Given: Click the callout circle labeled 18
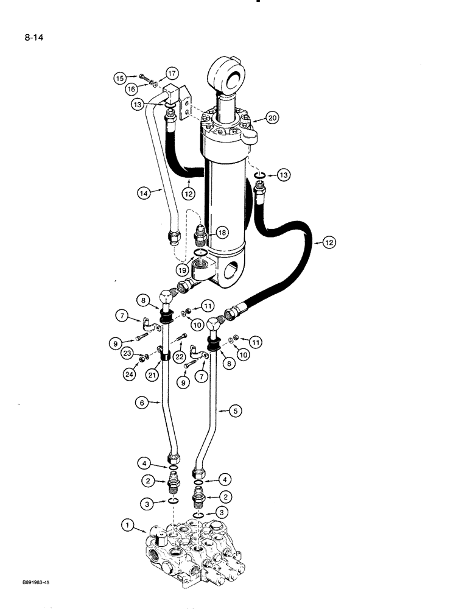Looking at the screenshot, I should click(x=221, y=233).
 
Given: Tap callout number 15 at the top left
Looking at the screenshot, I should click(x=121, y=78).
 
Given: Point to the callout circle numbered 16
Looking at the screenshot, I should click(x=132, y=90).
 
